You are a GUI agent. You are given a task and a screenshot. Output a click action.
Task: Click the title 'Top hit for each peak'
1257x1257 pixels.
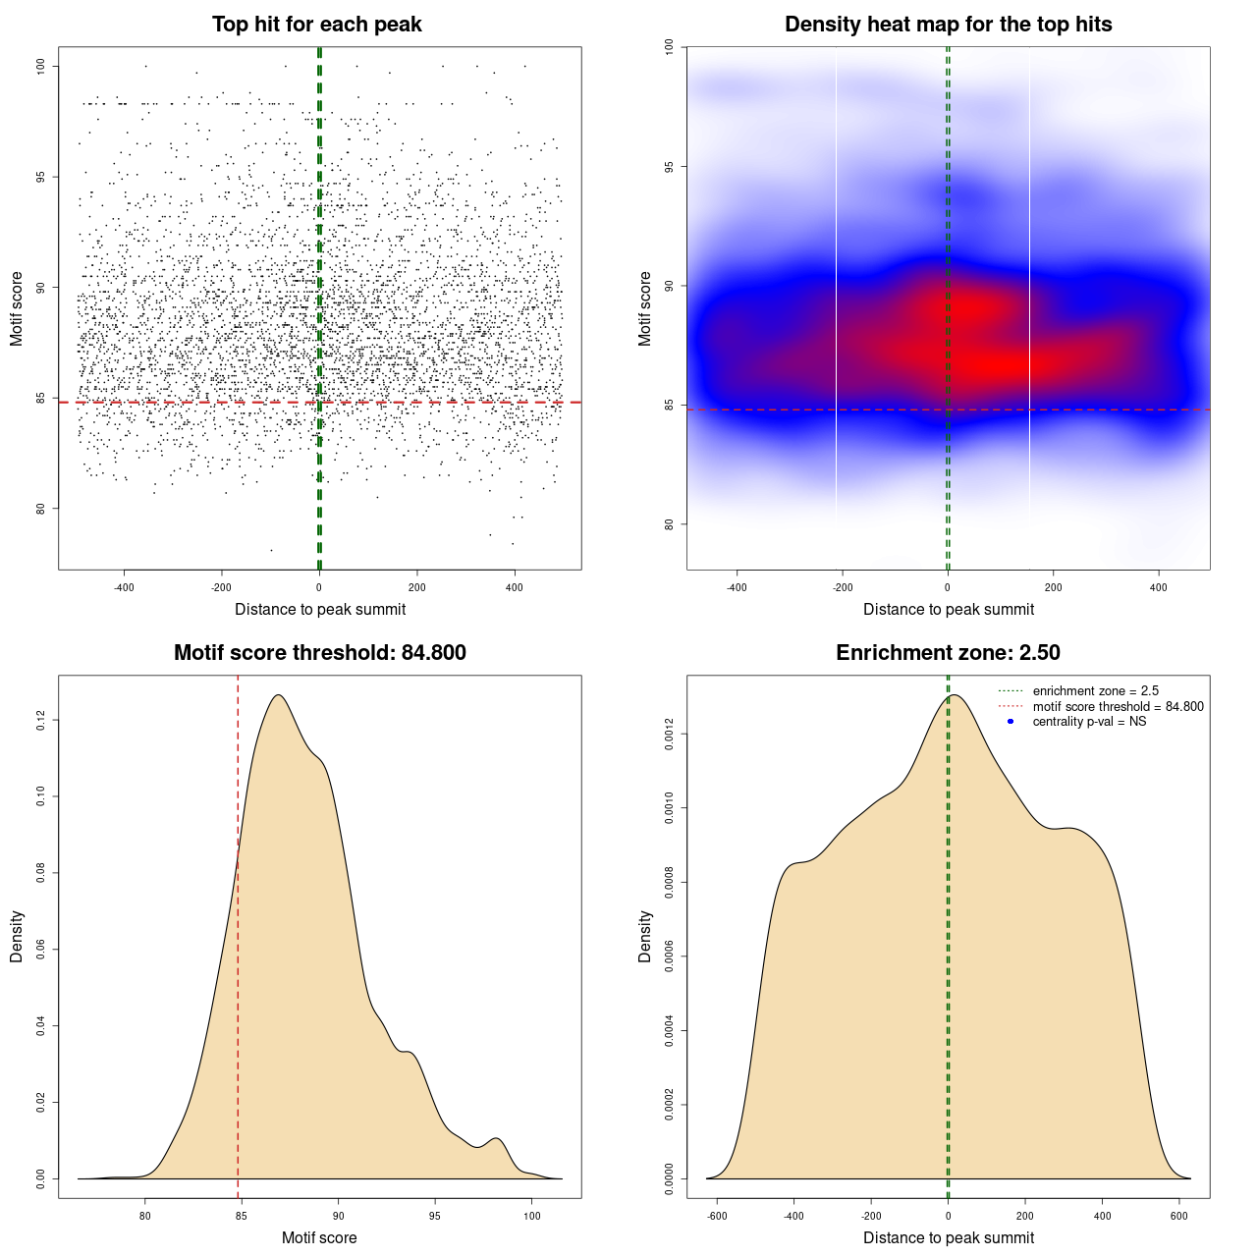coord(316,25)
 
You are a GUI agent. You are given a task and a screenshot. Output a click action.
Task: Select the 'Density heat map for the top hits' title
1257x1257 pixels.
coord(948,25)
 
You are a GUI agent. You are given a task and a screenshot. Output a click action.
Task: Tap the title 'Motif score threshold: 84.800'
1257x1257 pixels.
coord(319,653)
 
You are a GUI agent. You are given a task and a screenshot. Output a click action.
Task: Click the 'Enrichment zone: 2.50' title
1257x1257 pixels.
coord(948,653)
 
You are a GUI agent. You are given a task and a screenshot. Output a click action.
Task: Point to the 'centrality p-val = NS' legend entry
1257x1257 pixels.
coord(1089,722)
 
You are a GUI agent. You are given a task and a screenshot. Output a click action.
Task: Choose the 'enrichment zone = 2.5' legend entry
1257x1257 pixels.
coord(1095,691)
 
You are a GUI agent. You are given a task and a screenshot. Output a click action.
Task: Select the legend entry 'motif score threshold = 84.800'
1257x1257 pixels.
coord(1118,706)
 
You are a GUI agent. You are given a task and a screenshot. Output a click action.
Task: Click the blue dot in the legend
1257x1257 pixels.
coord(1011,722)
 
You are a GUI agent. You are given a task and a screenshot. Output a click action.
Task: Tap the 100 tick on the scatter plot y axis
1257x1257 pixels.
coord(41,66)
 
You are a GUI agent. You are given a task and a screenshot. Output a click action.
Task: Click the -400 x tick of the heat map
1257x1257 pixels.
coord(737,587)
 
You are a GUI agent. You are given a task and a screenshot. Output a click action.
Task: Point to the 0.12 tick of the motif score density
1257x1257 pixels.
coord(41,721)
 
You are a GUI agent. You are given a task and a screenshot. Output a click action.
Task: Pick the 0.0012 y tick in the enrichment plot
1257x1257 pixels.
coord(670,735)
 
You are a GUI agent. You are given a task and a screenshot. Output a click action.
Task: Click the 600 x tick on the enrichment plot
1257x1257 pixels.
coord(1179,1216)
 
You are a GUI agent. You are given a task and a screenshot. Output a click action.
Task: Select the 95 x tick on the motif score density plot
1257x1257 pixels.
coord(435,1216)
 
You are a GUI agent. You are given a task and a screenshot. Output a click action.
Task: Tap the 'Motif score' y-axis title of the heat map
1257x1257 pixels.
coord(645,308)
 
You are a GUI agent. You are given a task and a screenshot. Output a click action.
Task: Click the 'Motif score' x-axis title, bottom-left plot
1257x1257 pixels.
coord(319,1237)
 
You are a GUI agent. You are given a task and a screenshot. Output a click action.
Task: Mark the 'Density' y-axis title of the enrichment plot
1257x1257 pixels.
coord(645,936)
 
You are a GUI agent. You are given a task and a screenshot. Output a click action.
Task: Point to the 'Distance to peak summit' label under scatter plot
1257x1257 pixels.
coord(320,609)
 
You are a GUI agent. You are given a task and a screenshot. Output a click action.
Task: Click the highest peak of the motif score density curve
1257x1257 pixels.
coord(279,695)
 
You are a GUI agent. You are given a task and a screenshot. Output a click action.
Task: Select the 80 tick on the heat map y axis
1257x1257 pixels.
coord(670,523)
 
